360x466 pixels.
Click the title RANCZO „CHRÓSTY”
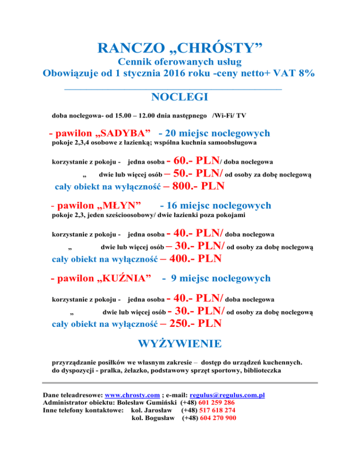click(x=180, y=47)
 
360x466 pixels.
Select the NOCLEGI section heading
click(x=180, y=97)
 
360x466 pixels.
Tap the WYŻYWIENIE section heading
click(x=180, y=344)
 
